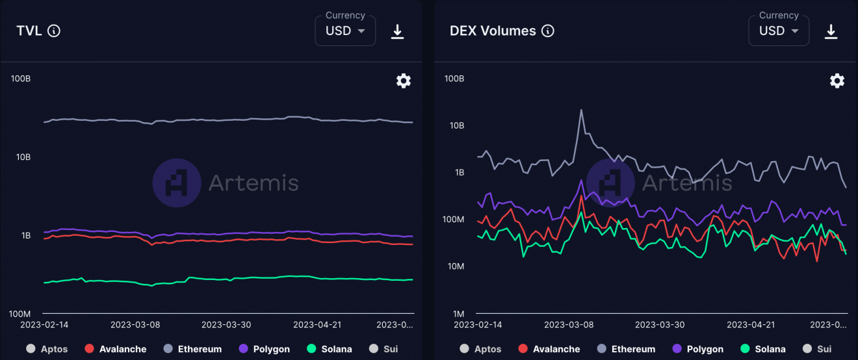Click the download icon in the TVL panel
coord(397,31)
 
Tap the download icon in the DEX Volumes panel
coord(831,31)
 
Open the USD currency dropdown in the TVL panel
coord(345,31)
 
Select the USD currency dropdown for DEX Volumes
coord(779,31)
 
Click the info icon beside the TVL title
coord(54,31)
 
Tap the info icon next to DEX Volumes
coord(548,31)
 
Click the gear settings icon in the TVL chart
coord(404,81)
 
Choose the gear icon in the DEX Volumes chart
coord(837,81)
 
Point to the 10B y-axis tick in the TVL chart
coord(21,157)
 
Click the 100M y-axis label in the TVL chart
coord(19,314)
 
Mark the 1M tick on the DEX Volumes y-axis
coord(458,314)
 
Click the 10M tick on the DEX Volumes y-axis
coord(455,266)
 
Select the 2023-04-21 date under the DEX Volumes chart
coord(751,324)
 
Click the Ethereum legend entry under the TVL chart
coord(192,349)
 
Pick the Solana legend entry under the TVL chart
coord(329,349)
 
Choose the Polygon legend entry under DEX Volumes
coord(698,349)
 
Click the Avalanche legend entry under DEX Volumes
coord(549,349)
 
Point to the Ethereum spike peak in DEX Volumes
coord(580,110)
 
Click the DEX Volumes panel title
coord(493,31)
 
